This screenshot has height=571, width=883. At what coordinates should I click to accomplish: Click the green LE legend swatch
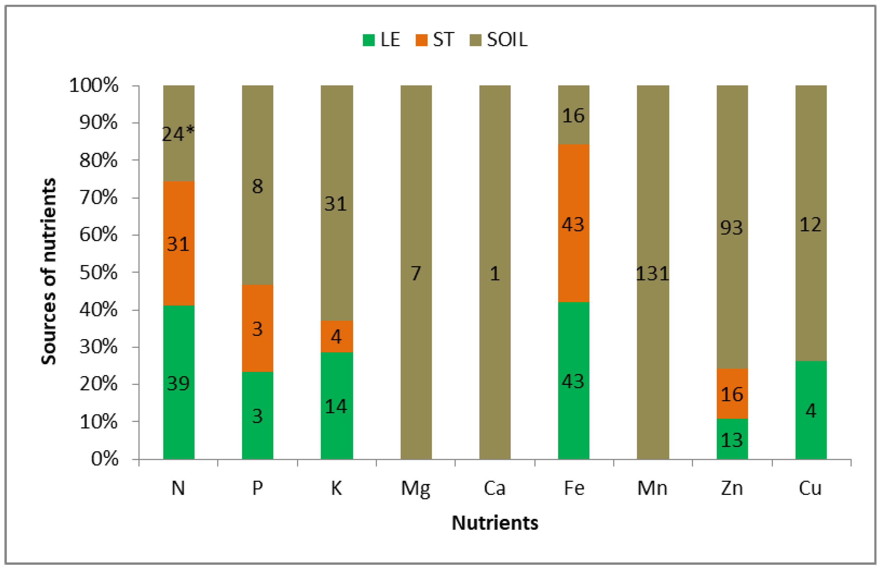tap(368, 40)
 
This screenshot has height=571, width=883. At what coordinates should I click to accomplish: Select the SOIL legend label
tap(507, 40)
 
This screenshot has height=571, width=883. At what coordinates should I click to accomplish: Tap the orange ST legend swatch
tap(421, 40)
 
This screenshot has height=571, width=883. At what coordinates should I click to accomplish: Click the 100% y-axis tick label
tap(94, 86)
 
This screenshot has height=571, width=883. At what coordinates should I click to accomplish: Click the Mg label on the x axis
tap(416, 489)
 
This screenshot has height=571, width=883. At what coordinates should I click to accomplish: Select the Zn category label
tap(732, 488)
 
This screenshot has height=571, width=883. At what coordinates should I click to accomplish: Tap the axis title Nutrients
tap(494, 523)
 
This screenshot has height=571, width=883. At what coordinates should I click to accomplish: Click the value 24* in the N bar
tap(178, 134)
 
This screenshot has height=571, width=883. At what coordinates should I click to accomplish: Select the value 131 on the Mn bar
tap(653, 274)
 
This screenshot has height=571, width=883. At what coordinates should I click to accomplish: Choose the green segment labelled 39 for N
tap(178, 383)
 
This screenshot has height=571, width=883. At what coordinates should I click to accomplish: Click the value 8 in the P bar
tap(258, 186)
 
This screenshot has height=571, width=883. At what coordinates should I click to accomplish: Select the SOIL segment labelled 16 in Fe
tap(574, 116)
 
